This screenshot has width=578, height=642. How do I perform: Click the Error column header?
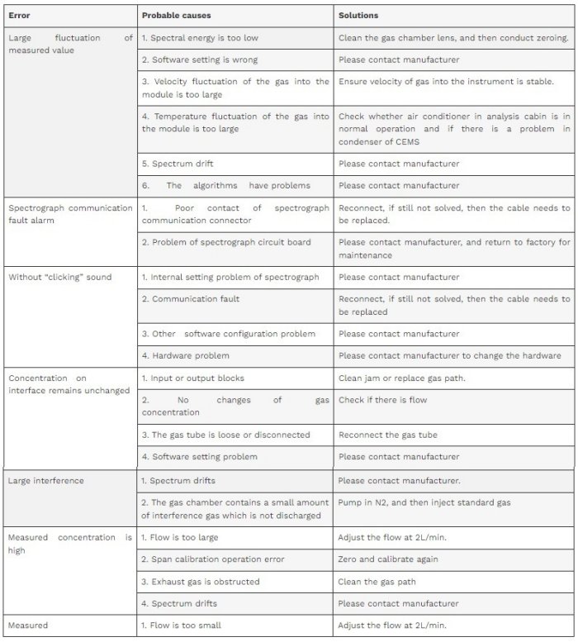20,16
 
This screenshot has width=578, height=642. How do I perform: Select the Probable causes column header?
176,16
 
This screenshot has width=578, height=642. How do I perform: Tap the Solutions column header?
359,16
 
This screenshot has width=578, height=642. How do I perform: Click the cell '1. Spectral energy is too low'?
199,38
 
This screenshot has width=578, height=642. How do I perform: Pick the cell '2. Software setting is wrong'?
200,59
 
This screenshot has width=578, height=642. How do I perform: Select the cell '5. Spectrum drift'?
178,164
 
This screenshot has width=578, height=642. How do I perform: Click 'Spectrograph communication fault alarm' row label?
69,214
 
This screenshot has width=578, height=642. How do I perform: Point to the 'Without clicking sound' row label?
59,277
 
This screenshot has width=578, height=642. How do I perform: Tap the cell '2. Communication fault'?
190,298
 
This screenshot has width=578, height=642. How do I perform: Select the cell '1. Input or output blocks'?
192,378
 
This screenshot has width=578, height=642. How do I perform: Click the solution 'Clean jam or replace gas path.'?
402,378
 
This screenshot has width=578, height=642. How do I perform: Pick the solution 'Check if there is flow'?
383,400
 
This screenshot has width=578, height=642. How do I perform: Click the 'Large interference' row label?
46,480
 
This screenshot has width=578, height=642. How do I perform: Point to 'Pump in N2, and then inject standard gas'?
424,502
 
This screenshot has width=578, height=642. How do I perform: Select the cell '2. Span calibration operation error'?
213,559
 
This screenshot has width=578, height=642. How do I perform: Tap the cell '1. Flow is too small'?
181,625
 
